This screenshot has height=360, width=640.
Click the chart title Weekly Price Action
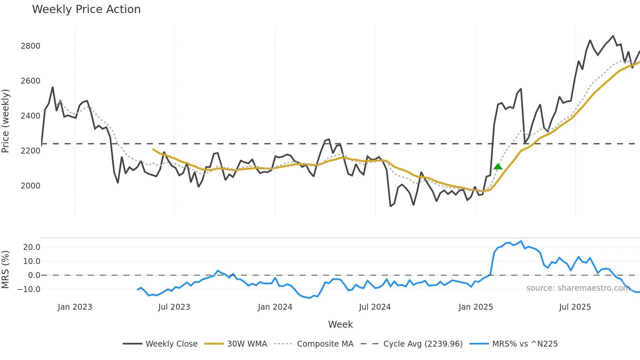86,9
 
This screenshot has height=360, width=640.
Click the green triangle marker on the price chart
498,167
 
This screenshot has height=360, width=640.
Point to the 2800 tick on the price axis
30,46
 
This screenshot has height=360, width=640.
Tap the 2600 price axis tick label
30,81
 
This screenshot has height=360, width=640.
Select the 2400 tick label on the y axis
30,116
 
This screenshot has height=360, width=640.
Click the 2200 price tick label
30,151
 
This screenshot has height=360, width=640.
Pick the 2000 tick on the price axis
30,186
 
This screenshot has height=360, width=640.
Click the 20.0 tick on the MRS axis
32,247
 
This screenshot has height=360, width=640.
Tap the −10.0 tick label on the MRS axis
29,289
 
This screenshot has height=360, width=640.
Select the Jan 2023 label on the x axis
75,307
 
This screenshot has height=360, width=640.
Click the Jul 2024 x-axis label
375,307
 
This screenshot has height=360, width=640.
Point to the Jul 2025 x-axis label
575,307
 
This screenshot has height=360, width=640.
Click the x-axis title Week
340,324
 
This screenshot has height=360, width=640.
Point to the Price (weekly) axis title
6,121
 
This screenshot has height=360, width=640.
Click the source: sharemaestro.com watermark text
578,288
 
